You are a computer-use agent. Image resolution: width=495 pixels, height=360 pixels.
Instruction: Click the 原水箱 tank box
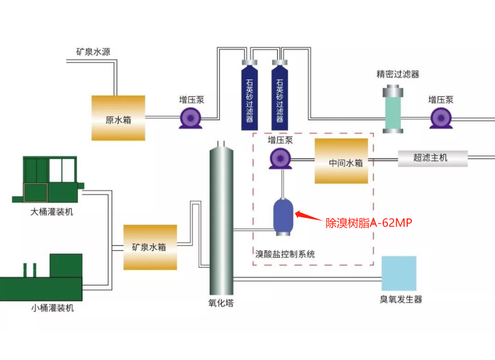point(118,118)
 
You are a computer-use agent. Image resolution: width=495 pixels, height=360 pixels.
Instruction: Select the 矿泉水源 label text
point(93,51)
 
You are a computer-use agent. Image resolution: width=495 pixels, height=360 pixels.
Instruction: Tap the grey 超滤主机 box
point(431,157)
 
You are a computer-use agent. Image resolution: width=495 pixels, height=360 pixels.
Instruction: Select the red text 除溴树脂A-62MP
point(369,223)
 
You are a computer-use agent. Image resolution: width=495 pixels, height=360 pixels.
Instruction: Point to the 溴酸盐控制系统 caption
point(285,254)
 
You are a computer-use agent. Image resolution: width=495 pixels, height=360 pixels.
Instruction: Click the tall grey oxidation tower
point(221,219)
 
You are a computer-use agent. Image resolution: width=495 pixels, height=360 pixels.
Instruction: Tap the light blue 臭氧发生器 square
point(399,273)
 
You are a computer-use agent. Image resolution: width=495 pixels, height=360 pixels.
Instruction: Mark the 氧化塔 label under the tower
point(221,303)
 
